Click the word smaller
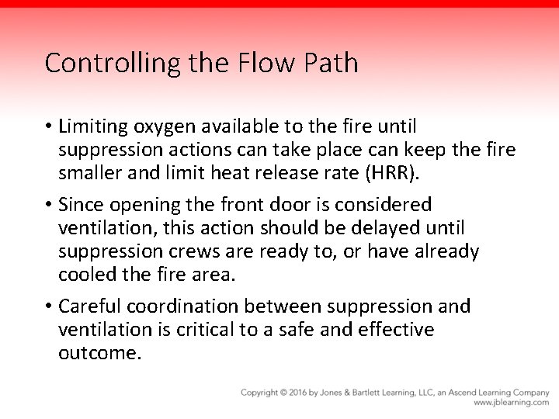[90, 173]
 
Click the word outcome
[100, 354]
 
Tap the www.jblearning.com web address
[511, 403]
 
